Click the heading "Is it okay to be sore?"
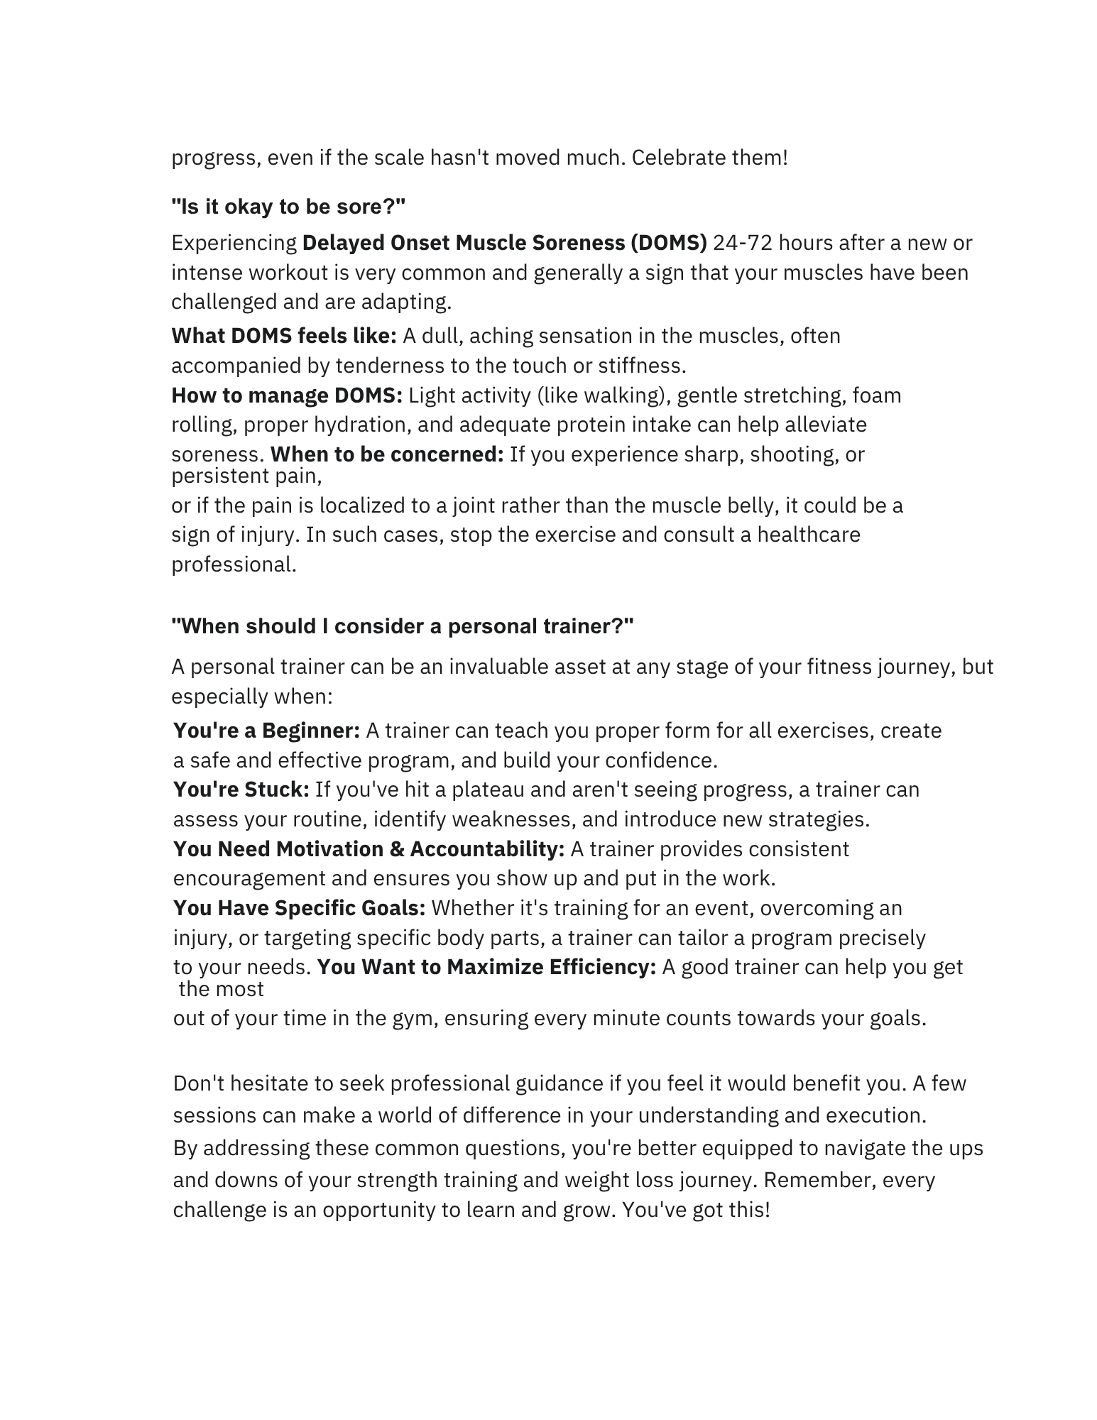pos(288,207)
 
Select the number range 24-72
pos(737,243)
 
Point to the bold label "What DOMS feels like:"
pos(284,336)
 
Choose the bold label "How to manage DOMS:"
pos(287,395)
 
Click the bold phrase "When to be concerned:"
pos(387,454)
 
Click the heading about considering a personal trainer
pos(403,626)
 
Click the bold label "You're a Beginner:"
pos(267,731)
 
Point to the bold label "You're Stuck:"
pos(241,790)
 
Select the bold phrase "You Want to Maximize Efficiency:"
pos(486,967)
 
